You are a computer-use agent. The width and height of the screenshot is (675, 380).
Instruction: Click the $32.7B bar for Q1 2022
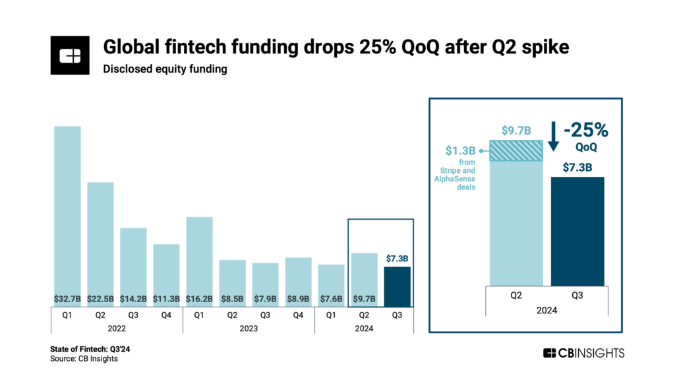pos(67,211)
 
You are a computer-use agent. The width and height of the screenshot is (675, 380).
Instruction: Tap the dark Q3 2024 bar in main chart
pos(397,287)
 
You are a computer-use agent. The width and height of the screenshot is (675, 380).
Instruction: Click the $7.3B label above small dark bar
pos(397,258)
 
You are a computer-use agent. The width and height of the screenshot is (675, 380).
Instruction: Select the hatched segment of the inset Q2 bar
pos(515,150)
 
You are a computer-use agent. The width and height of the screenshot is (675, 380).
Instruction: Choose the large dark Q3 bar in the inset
pos(577,231)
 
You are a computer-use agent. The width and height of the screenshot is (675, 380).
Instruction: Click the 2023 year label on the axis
pos(249,328)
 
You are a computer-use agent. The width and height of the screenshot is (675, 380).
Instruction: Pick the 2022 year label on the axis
pos(117,328)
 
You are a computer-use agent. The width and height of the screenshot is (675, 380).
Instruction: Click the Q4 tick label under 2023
pos(298,315)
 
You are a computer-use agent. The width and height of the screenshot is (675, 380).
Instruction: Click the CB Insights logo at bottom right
pos(583,353)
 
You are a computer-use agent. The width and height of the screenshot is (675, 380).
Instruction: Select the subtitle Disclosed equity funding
pos(164,69)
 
